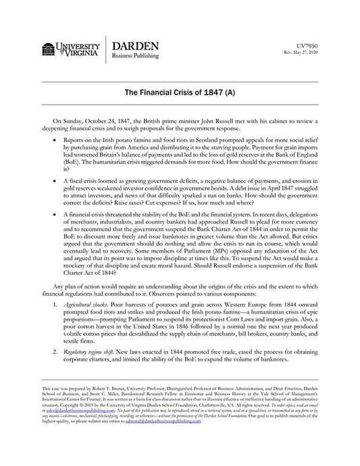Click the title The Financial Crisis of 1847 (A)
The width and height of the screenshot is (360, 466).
[x=180, y=91]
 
